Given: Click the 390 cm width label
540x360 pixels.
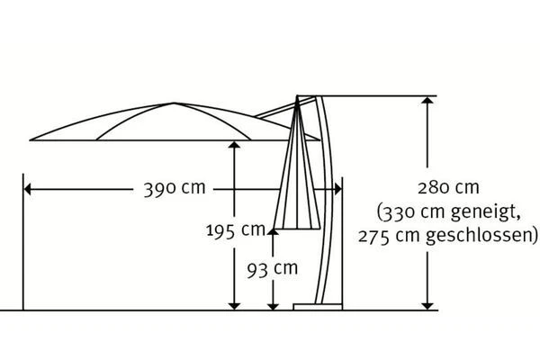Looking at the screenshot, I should point(174,189).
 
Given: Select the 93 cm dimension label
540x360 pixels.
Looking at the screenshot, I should point(272,267).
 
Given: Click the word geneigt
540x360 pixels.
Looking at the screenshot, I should point(480,213).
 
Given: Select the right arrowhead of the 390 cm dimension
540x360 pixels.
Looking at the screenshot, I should point(337,189).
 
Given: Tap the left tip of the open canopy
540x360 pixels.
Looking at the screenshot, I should point(32,139).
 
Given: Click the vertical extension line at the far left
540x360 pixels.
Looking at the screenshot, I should point(20,243).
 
